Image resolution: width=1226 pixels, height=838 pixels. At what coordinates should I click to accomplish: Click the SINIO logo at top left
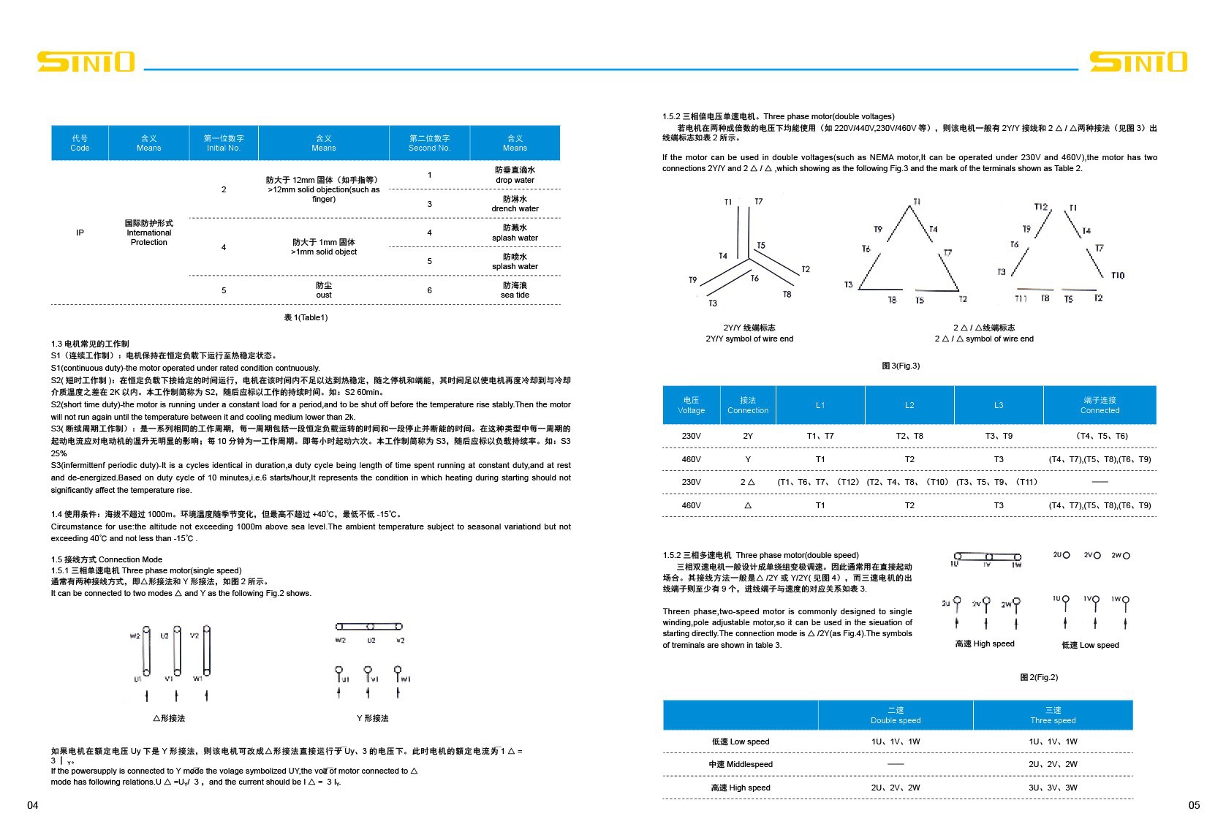tap(86, 62)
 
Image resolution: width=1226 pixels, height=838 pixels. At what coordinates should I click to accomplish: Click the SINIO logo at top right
tap(1138, 62)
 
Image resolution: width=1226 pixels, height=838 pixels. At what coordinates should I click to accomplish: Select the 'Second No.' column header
tap(429, 143)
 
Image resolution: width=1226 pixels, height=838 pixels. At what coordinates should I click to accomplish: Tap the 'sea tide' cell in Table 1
tap(515, 290)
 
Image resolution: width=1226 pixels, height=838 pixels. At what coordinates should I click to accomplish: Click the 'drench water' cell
tap(515, 204)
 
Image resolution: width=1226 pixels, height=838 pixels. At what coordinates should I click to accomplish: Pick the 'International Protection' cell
tap(148, 233)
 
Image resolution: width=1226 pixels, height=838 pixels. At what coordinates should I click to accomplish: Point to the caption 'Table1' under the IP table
tap(306, 317)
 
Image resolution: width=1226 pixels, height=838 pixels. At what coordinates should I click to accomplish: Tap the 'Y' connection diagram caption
tap(372, 718)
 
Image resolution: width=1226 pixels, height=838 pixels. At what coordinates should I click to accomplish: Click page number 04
tap(32, 805)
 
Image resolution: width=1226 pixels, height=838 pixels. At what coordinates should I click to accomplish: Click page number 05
tap(1194, 805)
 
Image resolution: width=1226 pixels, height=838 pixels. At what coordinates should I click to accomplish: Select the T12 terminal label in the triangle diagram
tap(1041, 207)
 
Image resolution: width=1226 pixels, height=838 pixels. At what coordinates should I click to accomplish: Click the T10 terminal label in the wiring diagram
tap(1117, 276)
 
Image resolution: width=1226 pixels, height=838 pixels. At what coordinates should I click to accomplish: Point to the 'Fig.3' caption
tap(901, 366)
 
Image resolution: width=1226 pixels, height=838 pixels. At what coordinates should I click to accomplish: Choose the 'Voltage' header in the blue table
tap(691, 405)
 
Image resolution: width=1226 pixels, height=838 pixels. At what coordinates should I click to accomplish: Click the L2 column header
tap(909, 405)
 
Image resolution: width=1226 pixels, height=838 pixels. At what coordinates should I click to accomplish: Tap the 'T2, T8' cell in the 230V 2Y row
tap(909, 436)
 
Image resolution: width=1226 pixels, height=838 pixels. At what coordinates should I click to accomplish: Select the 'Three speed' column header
tap(1053, 715)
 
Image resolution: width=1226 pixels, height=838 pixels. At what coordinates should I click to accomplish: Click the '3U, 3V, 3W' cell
tap(1053, 788)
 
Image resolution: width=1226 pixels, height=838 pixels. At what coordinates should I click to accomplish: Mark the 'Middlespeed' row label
tap(741, 764)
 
